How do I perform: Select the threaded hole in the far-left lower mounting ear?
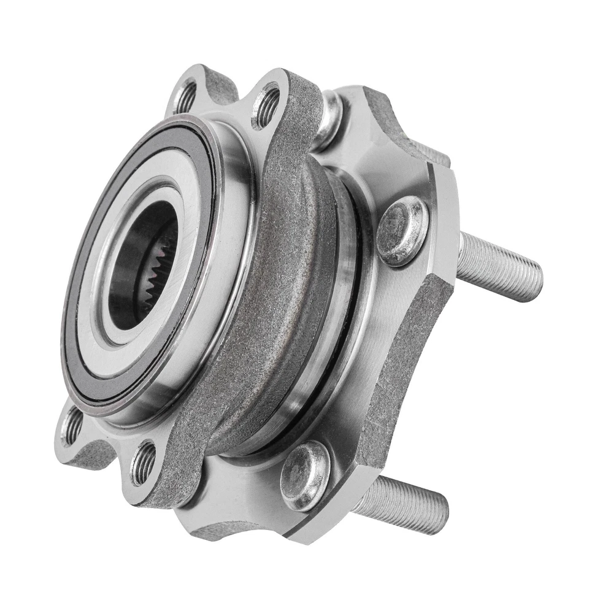pyautogui.click(x=73, y=425)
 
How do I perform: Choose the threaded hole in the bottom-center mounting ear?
pyautogui.click(x=144, y=463)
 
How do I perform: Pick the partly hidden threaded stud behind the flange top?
pyautogui.click(x=429, y=150)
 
